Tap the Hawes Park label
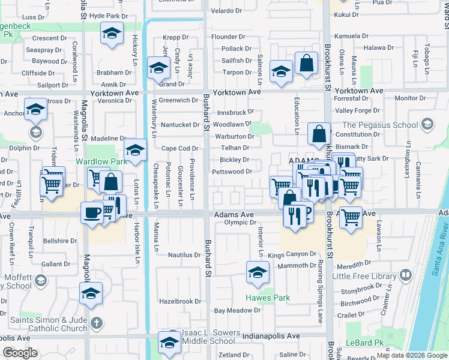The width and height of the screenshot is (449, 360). [x=268, y=298]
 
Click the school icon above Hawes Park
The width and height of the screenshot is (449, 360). [x=258, y=272]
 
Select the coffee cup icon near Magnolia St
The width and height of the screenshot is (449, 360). [x=92, y=213]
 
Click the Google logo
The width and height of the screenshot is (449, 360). [x=20, y=353]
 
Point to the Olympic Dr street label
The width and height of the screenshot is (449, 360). [x=240, y=222]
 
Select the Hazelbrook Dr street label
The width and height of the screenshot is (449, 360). [x=179, y=301]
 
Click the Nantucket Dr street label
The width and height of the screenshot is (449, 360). [x=180, y=125]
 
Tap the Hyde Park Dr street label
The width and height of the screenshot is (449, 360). [x=109, y=16]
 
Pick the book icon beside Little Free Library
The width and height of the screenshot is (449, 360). [x=406, y=275]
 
